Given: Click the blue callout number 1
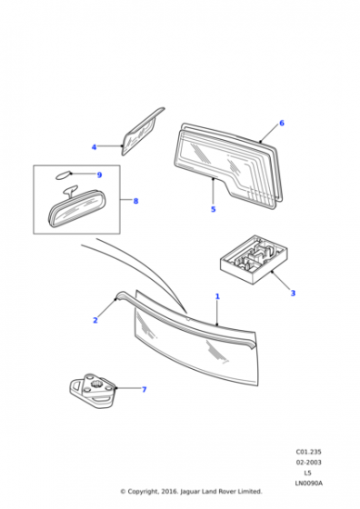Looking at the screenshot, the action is point(217,296).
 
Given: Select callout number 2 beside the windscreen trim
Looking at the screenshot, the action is point(95,320).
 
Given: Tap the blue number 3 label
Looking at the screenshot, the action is point(293,293).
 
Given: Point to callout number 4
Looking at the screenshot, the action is point(95,147).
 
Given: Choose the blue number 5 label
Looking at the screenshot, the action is point(213,209).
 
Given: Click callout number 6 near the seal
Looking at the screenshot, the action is point(282,123).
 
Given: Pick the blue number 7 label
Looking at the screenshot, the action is point(145,389).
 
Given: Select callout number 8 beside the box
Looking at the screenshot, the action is point(135,201).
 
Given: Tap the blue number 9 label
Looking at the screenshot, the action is point(99,175).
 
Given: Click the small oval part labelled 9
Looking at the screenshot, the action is point(63,175).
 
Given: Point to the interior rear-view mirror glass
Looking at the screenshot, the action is point(77,209).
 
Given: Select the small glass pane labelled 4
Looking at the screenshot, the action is point(142,132).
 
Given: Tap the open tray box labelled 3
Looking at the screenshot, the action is point(254,260).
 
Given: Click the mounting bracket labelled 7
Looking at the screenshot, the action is point(93,391).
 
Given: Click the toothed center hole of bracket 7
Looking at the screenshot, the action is point(96,385).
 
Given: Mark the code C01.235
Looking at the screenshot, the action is point(308,452).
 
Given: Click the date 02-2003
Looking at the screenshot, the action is point(308,462).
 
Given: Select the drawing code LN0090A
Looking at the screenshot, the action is point(309,483).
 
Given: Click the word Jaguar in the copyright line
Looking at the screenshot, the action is point(190,492).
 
